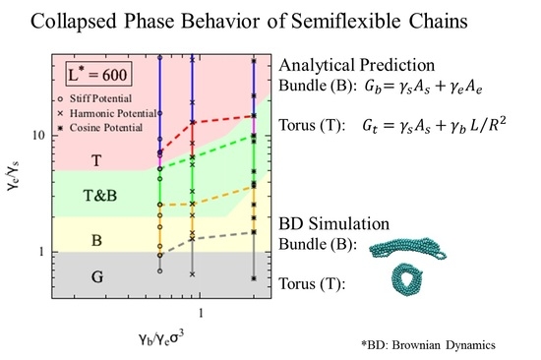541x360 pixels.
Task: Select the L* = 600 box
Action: pos(98,74)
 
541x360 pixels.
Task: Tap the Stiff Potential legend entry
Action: pos(96,98)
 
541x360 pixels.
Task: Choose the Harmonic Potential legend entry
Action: pos(107,113)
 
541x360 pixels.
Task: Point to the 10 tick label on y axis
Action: pos(39,135)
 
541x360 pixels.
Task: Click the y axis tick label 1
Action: pos(41,252)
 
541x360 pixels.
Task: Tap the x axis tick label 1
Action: pos(201,313)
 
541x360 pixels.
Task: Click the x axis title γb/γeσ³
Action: pos(160,338)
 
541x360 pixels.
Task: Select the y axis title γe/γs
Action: pos(13,176)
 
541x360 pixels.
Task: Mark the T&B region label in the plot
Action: pos(100,196)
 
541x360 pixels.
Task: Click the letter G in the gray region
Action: pos(97,276)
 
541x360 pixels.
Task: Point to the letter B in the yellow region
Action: pos(97,240)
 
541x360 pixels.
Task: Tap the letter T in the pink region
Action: pos(96,160)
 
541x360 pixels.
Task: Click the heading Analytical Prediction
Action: pos(357,66)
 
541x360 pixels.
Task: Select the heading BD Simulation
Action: pos(334,223)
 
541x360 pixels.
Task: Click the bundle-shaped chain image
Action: pos(407,248)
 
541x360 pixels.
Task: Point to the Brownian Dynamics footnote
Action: pos(428,345)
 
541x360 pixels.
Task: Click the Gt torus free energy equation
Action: pos(434,125)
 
